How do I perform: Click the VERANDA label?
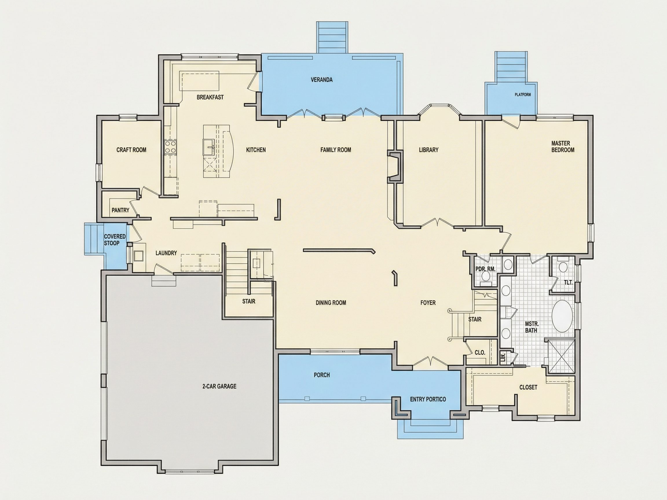322,80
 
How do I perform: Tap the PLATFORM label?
523,95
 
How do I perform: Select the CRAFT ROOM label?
131,150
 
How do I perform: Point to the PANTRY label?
120,210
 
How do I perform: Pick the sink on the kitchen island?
209,147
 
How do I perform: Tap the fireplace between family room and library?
395,166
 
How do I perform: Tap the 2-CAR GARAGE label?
219,386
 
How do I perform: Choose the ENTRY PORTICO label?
428,399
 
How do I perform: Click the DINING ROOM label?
331,303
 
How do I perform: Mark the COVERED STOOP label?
115,240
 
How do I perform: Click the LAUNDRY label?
166,253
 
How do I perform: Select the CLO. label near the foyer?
480,352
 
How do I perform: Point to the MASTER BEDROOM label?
563,146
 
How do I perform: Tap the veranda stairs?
332,37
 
